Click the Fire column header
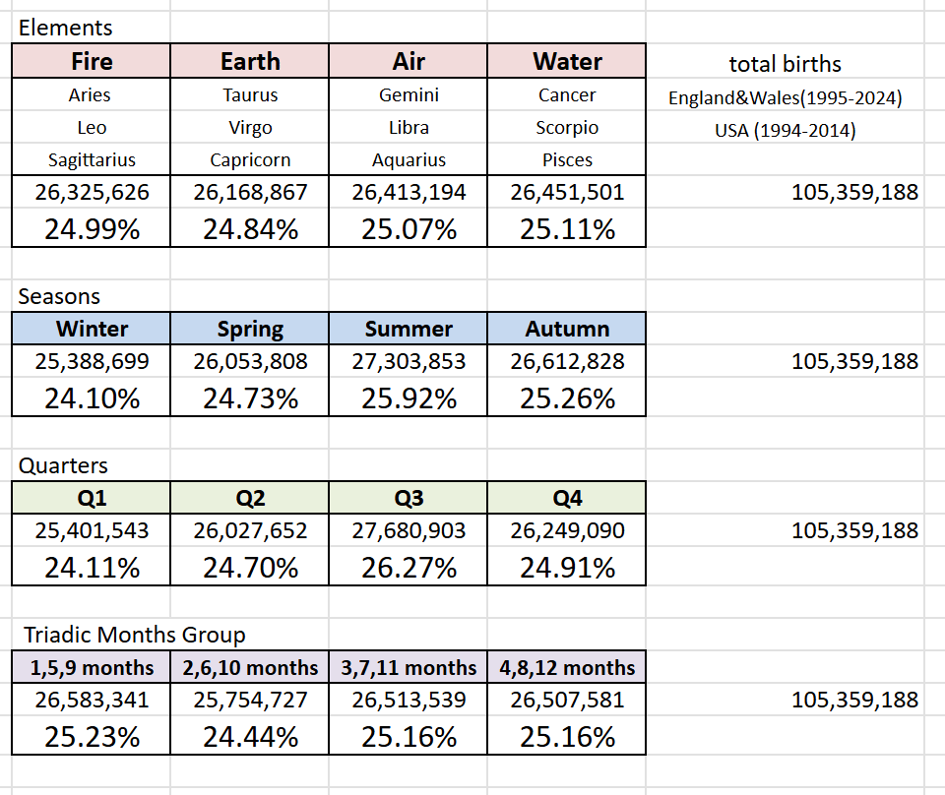coord(92,61)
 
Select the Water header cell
coord(567,61)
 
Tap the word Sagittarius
coord(92,159)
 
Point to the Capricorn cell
coord(250,159)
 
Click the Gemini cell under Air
coord(409,95)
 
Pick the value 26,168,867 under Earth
coord(250,192)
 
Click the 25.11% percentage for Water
coord(567,229)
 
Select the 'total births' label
coord(785,64)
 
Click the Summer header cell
coord(409,329)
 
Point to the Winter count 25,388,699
coord(92,361)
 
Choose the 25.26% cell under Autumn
coord(567,398)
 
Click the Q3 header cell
coord(409,498)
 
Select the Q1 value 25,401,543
coord(92,530)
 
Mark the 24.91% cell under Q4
coord(567,568)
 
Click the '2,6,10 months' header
coord(250,667)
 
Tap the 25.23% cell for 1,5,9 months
coord(92,737)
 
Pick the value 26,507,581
coord(567,700)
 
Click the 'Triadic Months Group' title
coord(135,635)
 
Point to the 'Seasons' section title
coord(59,296)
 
